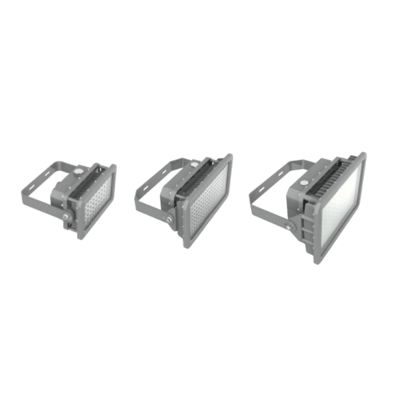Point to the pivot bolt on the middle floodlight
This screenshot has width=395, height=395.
pyautogui.click(x=170, y=218)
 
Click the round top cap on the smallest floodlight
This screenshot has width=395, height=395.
pyautogui.click(x=78, y=169)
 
